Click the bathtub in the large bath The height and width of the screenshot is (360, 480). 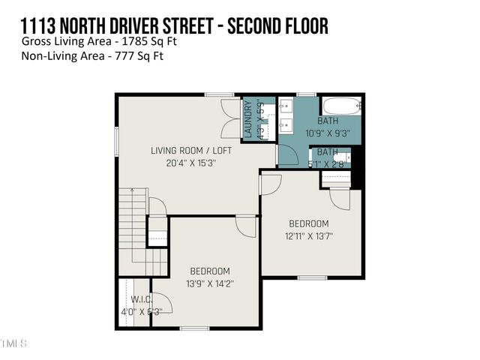pos(341,106)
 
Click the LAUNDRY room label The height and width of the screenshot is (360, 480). pos(248,119)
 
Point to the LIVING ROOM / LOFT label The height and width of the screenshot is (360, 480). pos(191,150)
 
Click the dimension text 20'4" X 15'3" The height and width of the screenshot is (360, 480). pos(191,163)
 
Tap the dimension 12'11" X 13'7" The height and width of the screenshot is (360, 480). pos(309,236)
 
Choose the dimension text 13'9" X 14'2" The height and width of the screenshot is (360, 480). pos(209,283)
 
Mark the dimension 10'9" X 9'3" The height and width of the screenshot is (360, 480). pos(328,133)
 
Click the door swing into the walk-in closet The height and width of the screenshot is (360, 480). pos(162,301)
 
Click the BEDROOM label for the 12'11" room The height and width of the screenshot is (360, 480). pos(309,223)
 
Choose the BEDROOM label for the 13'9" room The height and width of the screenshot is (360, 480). pos(209,271)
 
